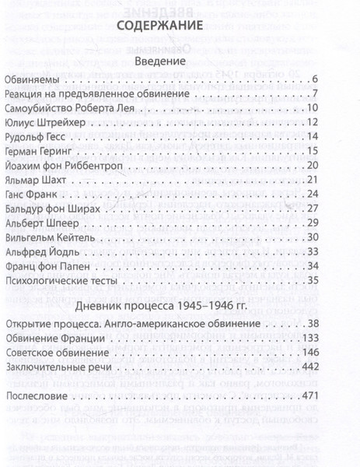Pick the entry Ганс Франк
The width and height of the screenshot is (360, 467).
(x=32, y=194)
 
